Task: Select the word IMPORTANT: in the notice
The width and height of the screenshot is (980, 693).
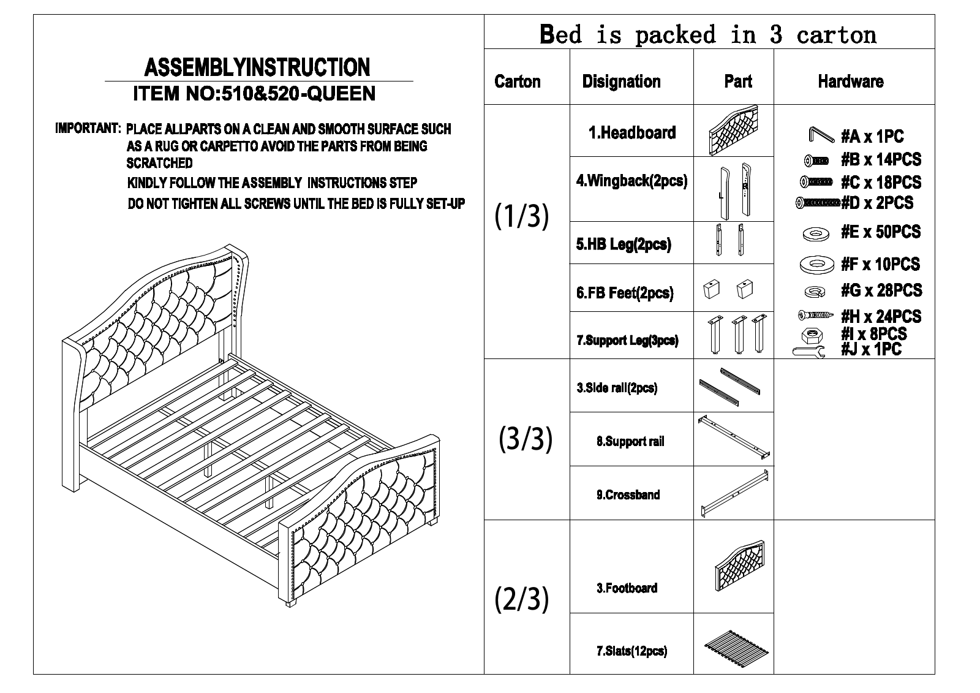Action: coord(88,128)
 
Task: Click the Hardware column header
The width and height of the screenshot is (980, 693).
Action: coord(851,81)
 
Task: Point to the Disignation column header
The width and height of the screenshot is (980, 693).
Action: coord(621,81)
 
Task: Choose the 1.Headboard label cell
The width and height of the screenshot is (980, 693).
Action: coord(632,132)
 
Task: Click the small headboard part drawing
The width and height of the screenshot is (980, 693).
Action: coord(734,130)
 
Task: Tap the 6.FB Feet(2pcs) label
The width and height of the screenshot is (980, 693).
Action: coord(625,293)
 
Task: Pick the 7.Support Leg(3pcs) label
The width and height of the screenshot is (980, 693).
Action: coord(627,340)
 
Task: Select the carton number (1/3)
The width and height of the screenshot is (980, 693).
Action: coord(521,216)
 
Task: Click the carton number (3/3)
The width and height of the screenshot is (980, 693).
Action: coord(526,439)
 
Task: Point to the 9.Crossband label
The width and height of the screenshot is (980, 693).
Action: coord(628,495)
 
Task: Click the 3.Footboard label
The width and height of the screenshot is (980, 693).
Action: coord(627,588)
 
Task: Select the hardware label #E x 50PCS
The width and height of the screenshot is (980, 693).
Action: coord(881,232)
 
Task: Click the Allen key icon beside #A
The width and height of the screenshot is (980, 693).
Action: coord(821,135)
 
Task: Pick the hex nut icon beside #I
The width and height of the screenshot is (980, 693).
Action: coord(812,336)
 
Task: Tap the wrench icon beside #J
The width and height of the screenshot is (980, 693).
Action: coord(809,351)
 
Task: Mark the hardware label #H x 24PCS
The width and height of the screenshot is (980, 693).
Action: coord(881,317)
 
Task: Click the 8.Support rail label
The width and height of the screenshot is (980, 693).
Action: coord(630,441)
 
